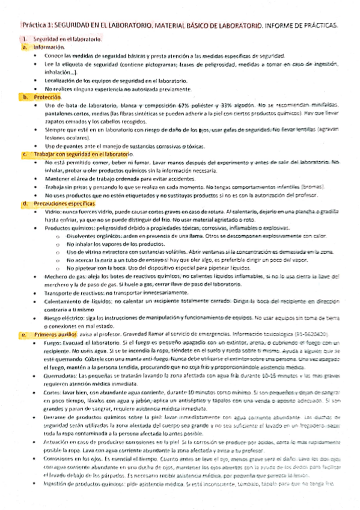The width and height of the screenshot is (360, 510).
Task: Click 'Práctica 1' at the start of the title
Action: click(37, 26)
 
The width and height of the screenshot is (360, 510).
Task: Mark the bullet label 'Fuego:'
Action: click(52, 342)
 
